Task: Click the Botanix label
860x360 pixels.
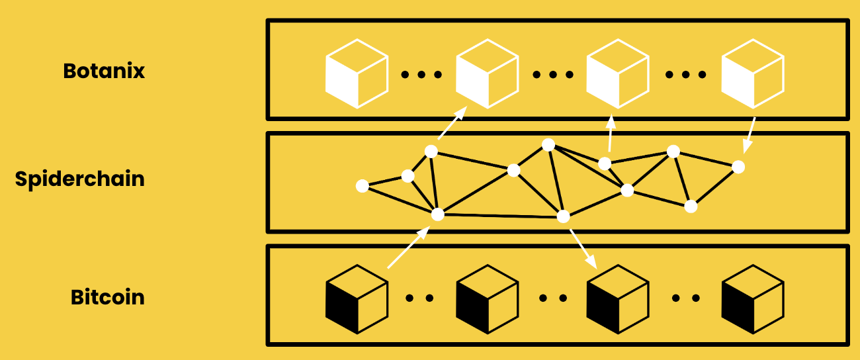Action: (104, 71)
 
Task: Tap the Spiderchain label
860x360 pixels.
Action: (79, 179)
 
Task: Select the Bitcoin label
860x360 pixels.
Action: (107, 297)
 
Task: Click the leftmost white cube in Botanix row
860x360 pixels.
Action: (356, 72)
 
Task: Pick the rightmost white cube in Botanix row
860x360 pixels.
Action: (752, 72)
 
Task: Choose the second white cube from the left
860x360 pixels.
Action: (487, 72)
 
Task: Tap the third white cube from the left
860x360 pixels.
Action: (617, 72)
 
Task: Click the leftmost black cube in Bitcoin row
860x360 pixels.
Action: (356, 298)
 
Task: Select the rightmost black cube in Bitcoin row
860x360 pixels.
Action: (752, 298)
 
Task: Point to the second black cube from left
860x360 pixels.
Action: (487, 298)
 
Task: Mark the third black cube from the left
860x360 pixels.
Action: (617, 298)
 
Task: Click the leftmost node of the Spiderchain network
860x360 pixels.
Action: (362, 186)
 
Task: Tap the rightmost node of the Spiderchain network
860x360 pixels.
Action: (739, 167)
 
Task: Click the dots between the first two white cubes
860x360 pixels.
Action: (421, 74)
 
